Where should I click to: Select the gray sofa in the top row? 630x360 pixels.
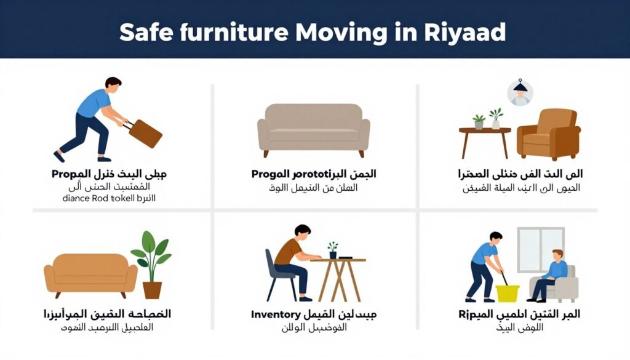click(x=313, y=127)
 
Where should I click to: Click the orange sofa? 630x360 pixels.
click(x=90, y=274)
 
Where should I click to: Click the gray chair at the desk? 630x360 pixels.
click(x=277, y=274)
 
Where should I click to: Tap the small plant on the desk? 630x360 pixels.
click(x=333, y=250)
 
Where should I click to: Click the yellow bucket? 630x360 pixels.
click(x=508, y=292)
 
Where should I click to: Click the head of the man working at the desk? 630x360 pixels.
click(x=303, y=233)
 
